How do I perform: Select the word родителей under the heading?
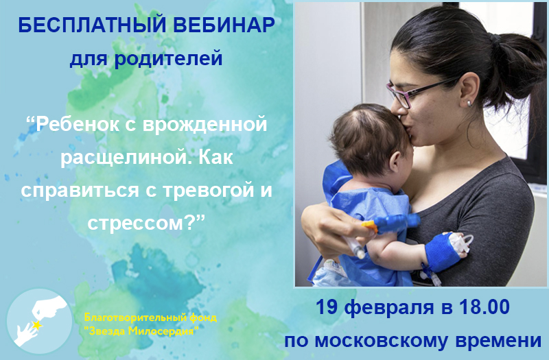[168, 58]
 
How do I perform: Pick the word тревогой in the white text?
[203, 191]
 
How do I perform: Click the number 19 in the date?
[327, 307]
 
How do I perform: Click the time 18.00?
[484, 307]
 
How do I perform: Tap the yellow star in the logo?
[36, 325]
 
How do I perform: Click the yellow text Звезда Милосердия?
[143, 331]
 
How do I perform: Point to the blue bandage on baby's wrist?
[442, 251]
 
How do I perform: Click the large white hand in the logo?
[49, 308]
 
